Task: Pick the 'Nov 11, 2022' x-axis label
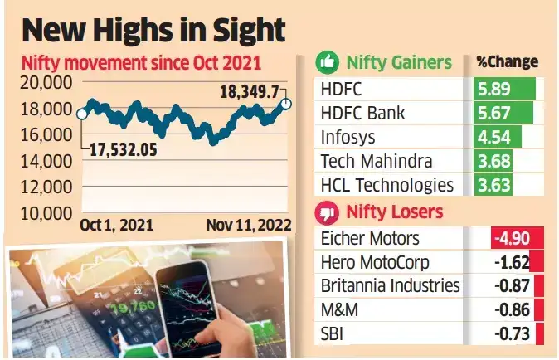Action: pos(250,225)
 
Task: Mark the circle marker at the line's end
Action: pos(286,104)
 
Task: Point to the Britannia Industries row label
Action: pos(389,286)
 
